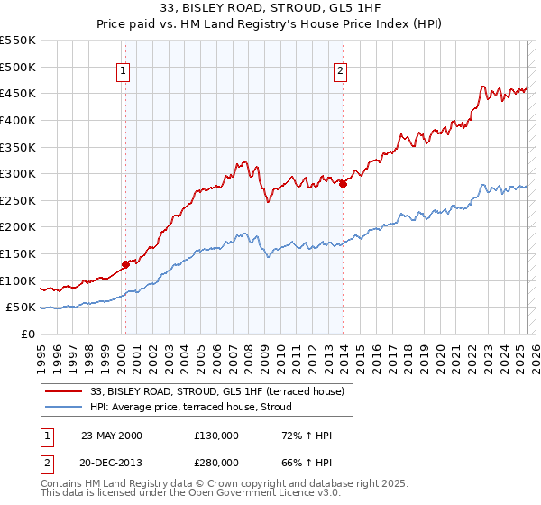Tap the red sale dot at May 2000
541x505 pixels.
coord(125,264)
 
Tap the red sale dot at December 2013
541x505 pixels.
coord(343,184)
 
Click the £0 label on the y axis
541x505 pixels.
coord(29,334)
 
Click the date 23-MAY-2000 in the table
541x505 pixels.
coord(112,436)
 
